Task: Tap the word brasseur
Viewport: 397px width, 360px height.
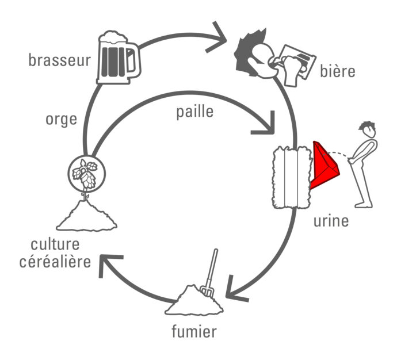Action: (59, 60)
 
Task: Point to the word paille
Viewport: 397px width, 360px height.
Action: (194, 112)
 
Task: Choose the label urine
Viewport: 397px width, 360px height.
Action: (331, 220)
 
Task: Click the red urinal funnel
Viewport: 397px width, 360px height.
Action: (324, 166)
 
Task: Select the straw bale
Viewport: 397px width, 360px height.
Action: (292, 177)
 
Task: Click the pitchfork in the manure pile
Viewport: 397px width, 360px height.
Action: (211, 274)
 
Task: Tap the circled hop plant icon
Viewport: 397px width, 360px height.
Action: (85, 173)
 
